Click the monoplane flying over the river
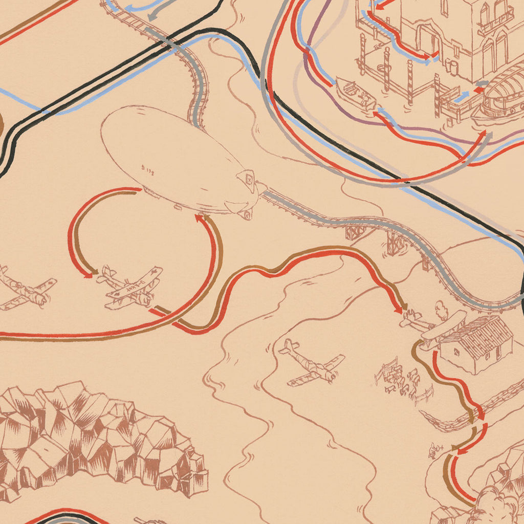click(311, 363)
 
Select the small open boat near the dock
click(355, 93)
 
